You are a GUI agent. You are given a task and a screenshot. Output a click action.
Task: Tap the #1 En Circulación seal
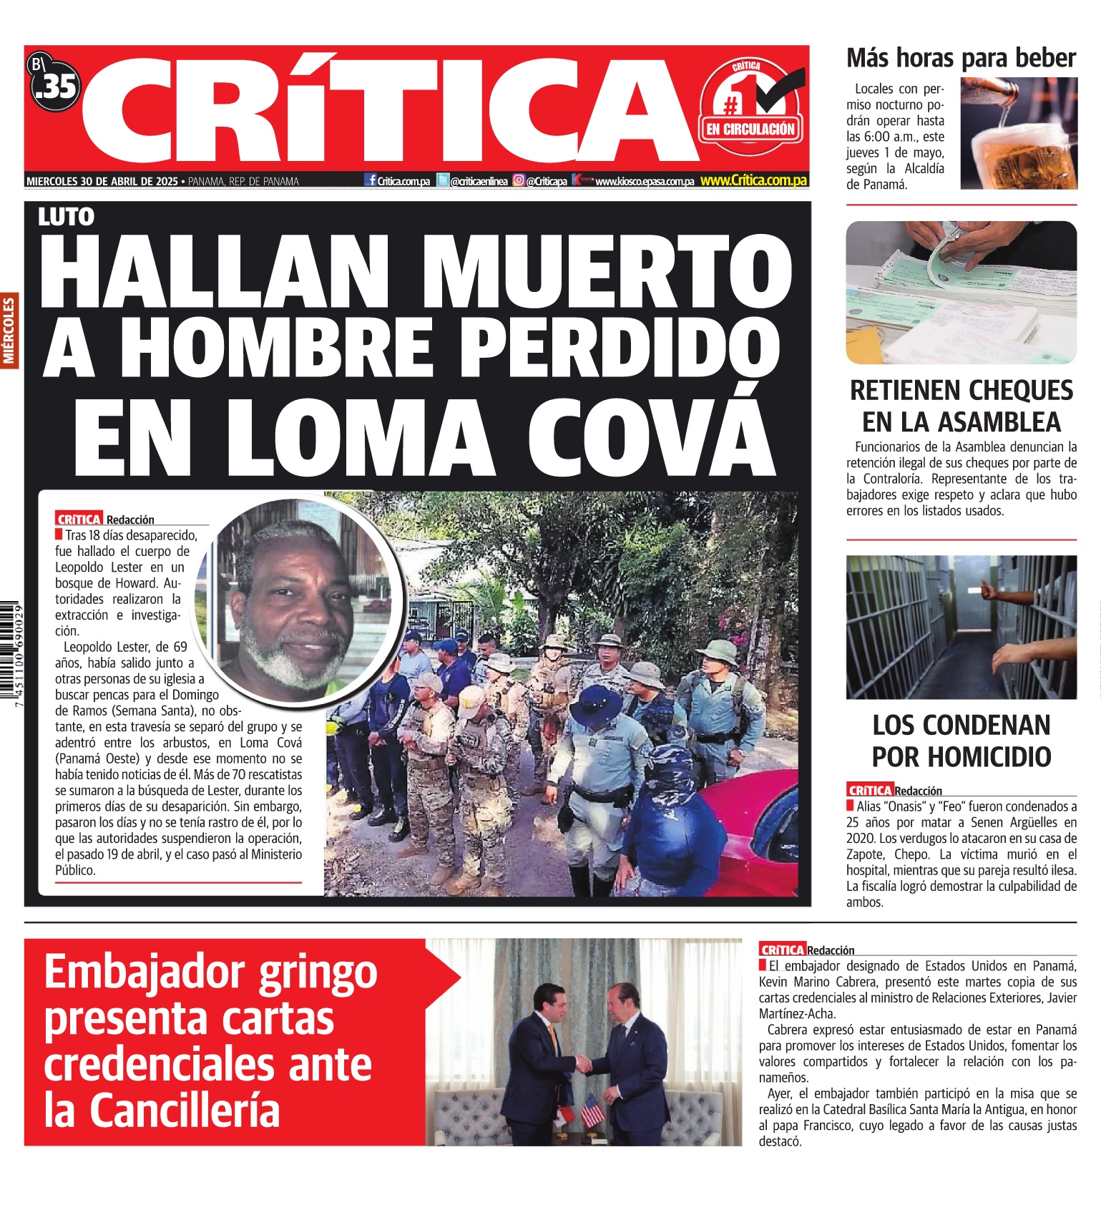point(750,108)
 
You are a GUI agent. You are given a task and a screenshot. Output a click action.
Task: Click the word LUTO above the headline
point(67,217)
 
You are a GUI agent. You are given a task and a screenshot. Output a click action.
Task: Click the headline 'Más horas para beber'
point(961,58)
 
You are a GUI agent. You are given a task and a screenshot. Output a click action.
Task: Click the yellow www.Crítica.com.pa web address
point(753,181)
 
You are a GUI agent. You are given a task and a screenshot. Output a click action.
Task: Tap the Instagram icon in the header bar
point(519,181)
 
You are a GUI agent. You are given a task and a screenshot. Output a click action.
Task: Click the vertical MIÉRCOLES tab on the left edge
point(9,331)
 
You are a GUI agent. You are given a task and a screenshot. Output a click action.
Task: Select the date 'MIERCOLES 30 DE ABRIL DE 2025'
point(102,182)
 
